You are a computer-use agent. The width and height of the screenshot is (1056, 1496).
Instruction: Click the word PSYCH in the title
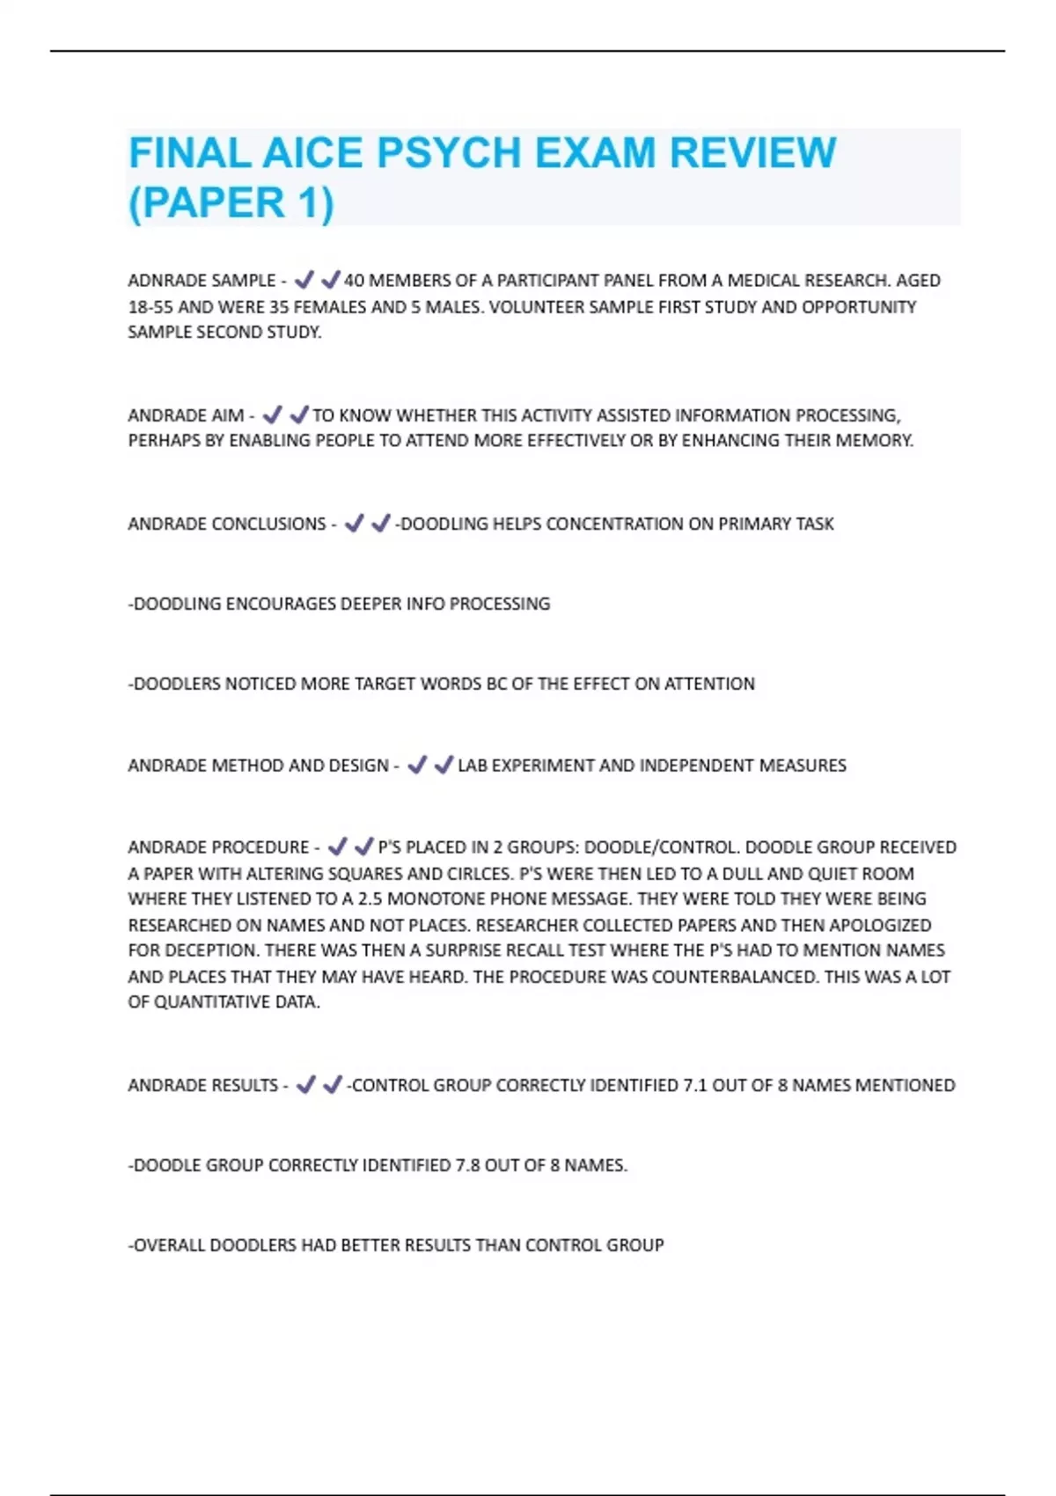(x=449, y=153)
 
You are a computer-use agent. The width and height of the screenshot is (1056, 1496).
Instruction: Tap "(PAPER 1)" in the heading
(x=231, y=202)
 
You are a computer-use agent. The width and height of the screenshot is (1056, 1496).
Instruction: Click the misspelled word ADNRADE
(x=165, y=281)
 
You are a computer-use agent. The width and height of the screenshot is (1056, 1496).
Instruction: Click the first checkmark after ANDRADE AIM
(x=272, y=414)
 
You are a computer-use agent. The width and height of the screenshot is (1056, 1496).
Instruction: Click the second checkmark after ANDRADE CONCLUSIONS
(x=380, y=524)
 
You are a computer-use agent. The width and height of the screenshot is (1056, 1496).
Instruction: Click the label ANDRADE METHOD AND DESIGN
(x=258, y=766)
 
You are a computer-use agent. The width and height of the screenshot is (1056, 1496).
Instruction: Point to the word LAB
(x=473, y=766)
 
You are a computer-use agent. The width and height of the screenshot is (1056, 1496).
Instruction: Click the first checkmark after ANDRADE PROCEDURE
(x=337, y=847)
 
